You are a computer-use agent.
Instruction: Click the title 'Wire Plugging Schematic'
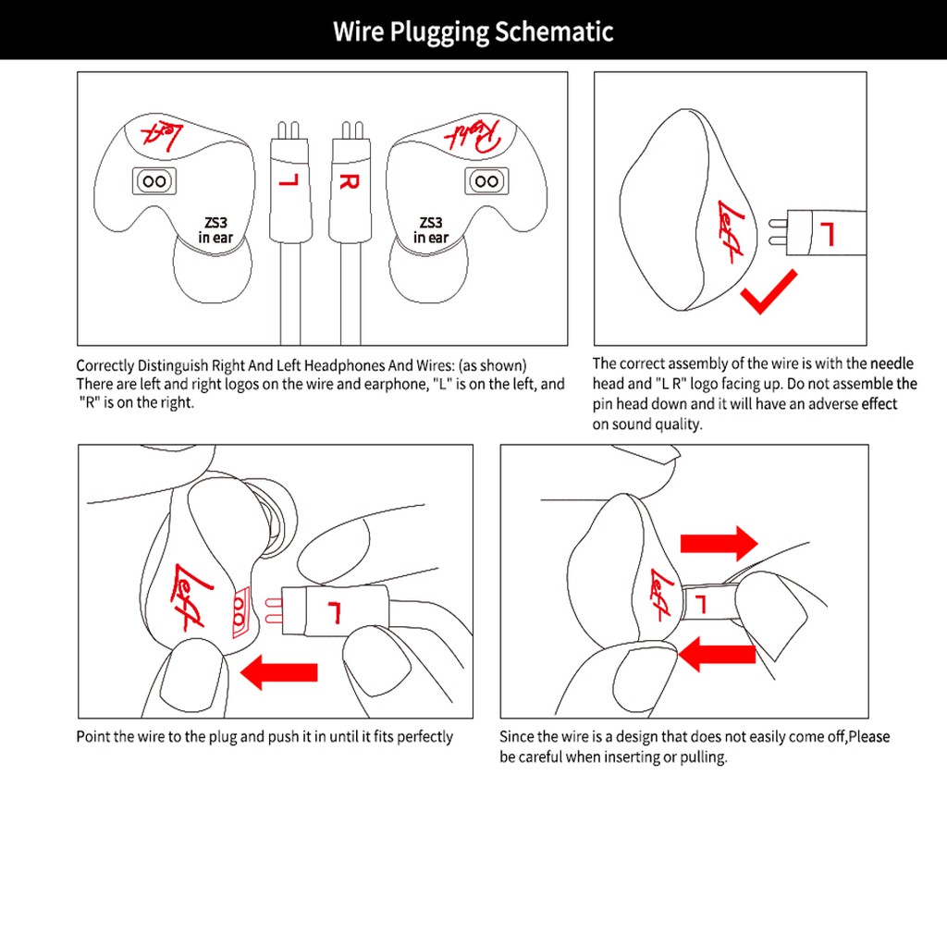click(x=473, y=31)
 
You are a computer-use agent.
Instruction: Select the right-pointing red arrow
click(x=719, y=541)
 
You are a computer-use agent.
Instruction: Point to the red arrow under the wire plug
click(x=278, y=672)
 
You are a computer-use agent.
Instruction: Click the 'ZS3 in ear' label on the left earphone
click(x=215, y=230)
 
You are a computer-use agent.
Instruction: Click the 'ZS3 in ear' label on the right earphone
click(x=431, y=230)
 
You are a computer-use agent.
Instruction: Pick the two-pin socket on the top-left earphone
click(x=155, y=181)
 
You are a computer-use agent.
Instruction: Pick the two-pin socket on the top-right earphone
click(x=486, y=181)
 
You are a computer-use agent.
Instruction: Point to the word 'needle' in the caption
click(x=892, y=363)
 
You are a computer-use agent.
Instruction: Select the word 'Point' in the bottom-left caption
click(x=93, y=737)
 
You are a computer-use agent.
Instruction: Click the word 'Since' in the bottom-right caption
click(x=516, y=737)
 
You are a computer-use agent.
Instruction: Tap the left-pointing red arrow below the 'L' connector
click(x=717, y=655)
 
